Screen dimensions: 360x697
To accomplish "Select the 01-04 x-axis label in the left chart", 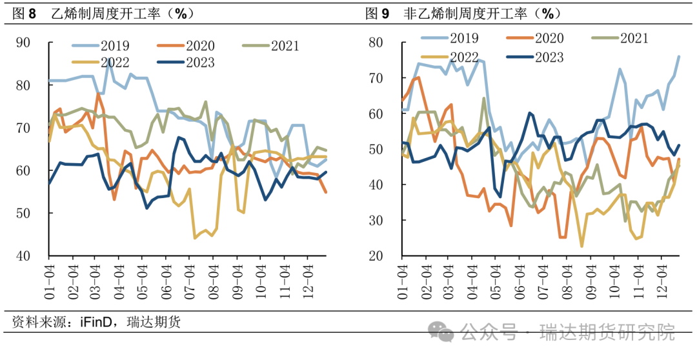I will click(x=48, y=281).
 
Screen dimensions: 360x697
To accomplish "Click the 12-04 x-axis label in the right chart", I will click(x=661, y=281).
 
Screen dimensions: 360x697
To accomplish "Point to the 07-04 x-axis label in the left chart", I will click(x=189, y=281).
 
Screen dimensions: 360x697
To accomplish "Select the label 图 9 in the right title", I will click(x=378, y=13).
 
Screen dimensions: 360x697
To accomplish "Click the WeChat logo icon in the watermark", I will click(x=443, y=332).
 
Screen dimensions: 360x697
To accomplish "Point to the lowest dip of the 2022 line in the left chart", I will click(x=195, y=238).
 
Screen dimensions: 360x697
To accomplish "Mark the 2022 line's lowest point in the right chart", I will click(x=581, y=246).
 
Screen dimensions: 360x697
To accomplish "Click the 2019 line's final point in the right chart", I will click(x=678, y=56).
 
